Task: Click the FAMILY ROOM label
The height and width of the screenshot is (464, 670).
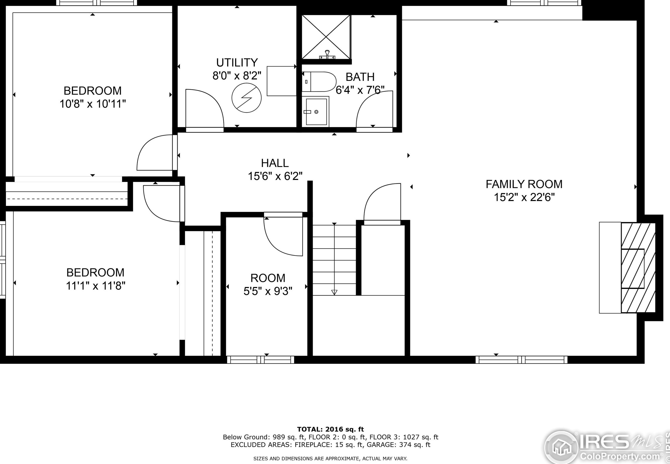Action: (x=524, y=184)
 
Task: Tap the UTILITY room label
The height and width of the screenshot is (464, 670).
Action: (x=237, y=62)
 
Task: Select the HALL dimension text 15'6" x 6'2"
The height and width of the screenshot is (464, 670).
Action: (x=275, y=176)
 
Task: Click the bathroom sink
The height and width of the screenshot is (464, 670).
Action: (x=316, y=112)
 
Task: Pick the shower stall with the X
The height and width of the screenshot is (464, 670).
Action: (x=326, y=37)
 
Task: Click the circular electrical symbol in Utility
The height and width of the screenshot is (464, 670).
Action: (x=246, y=98)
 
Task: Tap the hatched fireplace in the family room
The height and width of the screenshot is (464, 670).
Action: (x=638, y=268)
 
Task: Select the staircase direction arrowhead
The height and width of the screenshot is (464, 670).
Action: (x=334, y=292)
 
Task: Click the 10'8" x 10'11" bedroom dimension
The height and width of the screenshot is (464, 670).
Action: (x=93, y=104)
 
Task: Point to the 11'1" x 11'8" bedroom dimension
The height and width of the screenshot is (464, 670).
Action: (x=95, y=286)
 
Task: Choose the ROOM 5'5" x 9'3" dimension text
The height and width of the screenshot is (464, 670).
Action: (x=268, y=291)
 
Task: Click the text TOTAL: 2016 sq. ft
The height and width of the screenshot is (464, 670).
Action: (x=331, y=429)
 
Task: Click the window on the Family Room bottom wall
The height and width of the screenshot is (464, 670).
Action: (x=521, y=360)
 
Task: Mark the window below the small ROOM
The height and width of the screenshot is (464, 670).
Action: (x=260, y=360)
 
